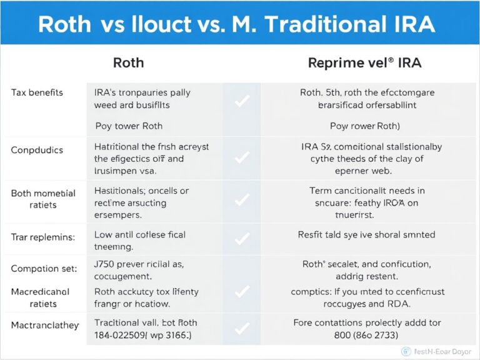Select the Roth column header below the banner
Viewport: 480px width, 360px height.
click(128, 62)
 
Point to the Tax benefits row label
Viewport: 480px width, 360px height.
click(37, 92)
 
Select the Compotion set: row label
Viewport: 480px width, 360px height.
click(44, 268)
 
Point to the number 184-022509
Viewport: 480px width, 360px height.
click(122, 334)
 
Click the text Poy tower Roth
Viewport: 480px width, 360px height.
click(129, 126)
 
